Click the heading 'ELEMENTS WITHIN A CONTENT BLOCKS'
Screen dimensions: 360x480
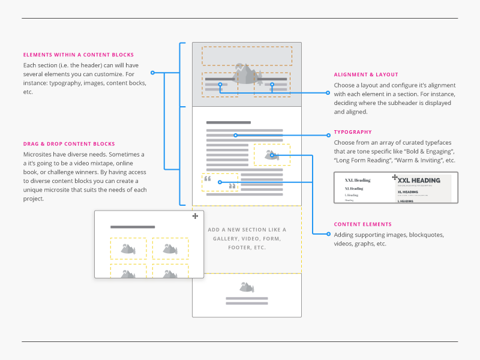pyautogui.click(x=79, y=55)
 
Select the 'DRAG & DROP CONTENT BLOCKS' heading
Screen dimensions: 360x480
pyautogui.click(x=69, y=144)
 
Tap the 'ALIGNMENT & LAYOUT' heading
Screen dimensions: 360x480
pyautogui.click(x=366, y=75)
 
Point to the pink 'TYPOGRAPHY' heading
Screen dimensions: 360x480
pyautogui.click(x=353, y=132)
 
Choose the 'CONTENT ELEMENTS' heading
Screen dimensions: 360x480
pyautogui.click(x=363, y=224)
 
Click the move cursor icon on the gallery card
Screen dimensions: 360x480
pyautogui.click(x=195, y=216)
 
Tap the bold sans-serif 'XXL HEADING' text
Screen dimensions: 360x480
pyautogui.click(x=419, y=180)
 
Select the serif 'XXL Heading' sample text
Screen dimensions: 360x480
pyautogui.click(x=358, y=180)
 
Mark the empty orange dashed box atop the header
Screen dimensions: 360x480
pyautogui.click(x=247, y=56)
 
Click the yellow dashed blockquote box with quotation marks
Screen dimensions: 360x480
pyautogui.click(x=220, y=182)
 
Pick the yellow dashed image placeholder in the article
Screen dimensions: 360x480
pyautogui.click(x=272, y=155)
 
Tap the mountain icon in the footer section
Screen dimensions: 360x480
pyautogui.click(x=247, y=287)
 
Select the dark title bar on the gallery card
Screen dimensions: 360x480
pyautogui.click(x=133, y=227)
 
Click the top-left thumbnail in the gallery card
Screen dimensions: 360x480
pyautogui.click(x=128, y=248)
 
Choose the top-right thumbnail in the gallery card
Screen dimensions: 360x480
pyautogui.click(x=170, y=248)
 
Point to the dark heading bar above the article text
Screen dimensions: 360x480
pyautogui.click(x=228, y=123)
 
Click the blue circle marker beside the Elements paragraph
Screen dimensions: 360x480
pyautogui.click(x=152, y=73)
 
